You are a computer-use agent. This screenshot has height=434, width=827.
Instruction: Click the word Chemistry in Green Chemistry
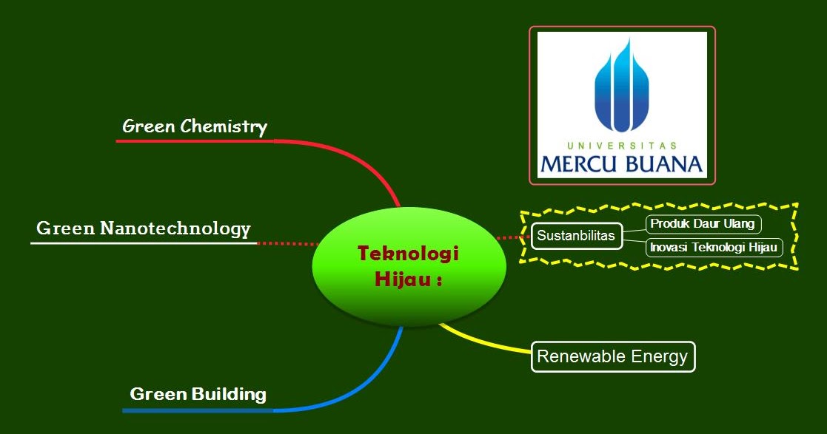[224, 127]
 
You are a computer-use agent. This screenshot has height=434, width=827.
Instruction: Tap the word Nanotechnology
[175, 228]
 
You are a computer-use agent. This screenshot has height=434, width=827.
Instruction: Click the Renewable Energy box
[613, 356]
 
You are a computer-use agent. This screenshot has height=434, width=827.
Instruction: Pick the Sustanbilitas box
[577, 235]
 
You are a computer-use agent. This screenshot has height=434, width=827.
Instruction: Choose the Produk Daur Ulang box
[703, 224]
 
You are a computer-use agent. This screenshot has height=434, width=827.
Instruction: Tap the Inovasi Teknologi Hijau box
[714, 248]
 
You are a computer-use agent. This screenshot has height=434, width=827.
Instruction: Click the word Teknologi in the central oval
[408, 254]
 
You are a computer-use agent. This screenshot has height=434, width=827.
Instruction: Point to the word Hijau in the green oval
[403, 279]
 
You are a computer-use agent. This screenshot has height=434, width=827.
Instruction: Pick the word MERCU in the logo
[578, 164]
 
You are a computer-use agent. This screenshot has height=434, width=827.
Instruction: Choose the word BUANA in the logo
[664, 164]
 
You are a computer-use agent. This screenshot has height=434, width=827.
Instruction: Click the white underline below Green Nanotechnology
[144, 243]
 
